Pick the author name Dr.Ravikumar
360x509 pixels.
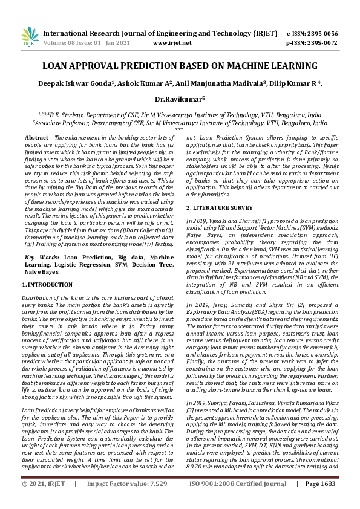[x=180, y=98]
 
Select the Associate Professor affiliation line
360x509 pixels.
[x=180, y=122]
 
